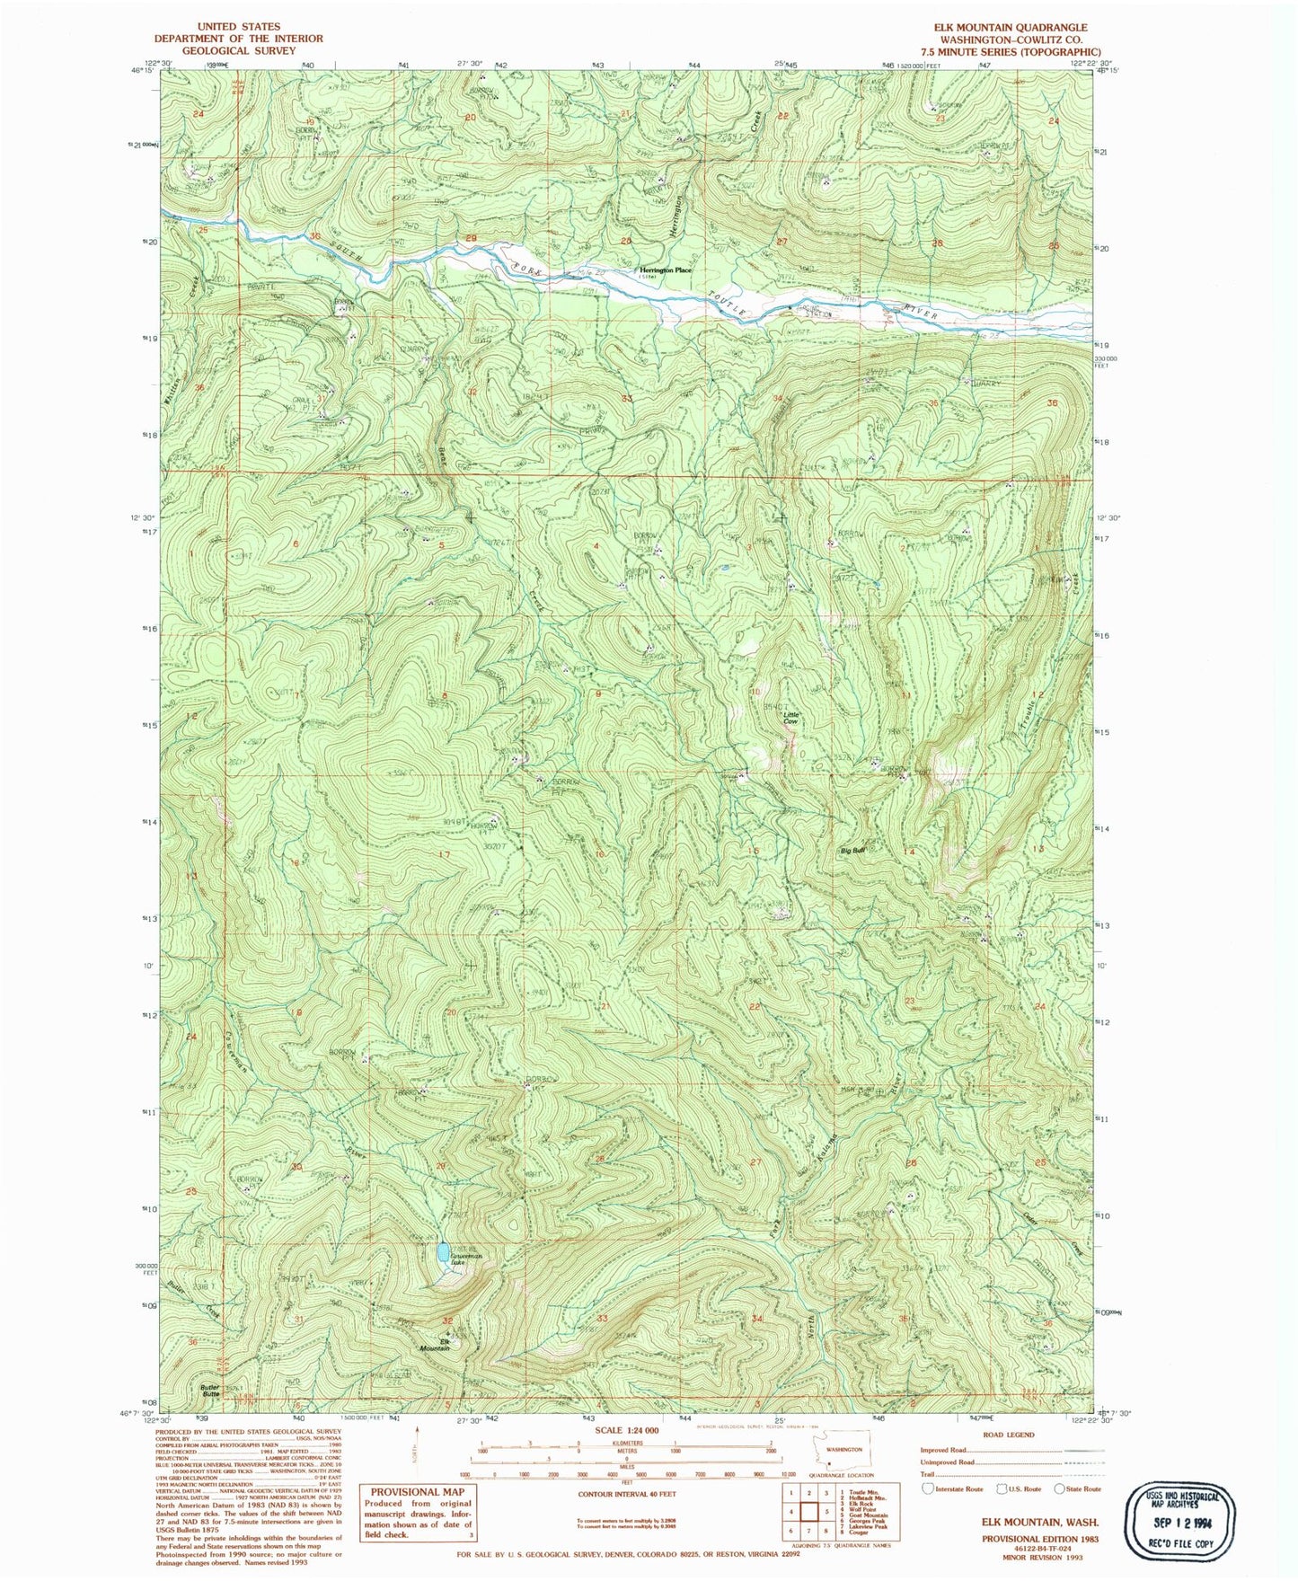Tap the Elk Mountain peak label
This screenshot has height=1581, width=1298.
click(435, 1345)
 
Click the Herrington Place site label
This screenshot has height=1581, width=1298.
click(665, 270)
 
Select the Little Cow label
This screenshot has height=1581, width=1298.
click(790, 718)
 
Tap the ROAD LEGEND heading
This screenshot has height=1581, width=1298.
click(1010, 1435)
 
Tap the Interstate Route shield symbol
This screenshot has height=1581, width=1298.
click(928, 1488)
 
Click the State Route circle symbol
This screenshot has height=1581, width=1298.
click(1060, 1488)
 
